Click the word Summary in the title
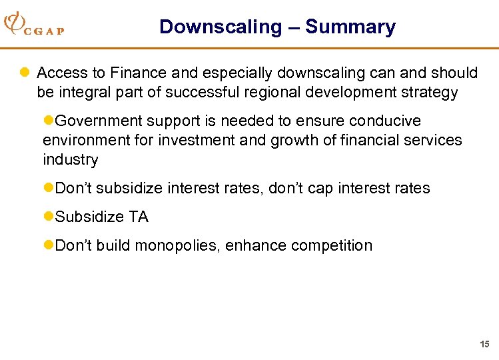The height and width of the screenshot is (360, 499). click(x=350, y=27)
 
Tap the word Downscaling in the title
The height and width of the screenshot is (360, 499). click(x=212, y=27)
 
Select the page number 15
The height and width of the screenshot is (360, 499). click(x=484, y=345)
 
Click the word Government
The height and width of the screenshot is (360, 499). click(x=99, y=121)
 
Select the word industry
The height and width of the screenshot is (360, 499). click(x=70, y=160)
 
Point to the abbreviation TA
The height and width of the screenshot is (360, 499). click(x=138, y=217)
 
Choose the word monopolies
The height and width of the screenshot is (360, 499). click(x=178, y=246)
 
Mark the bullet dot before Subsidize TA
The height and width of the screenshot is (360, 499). click(x=48, y=217)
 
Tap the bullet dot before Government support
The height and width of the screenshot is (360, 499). click(x=48, y=121)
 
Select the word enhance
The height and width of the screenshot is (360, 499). click(x=251, y=246)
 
